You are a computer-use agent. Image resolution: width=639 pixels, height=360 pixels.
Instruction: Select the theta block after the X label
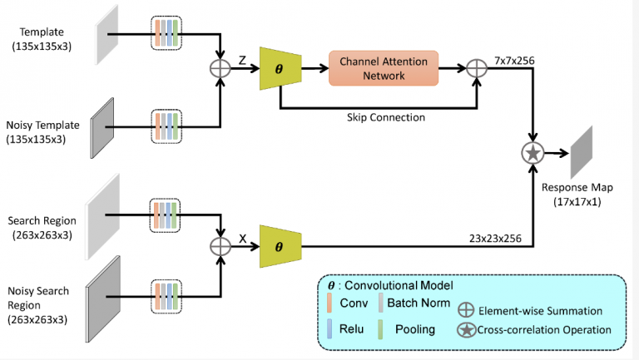(280, 247)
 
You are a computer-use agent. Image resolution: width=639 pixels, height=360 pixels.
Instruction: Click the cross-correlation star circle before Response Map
(532, 152)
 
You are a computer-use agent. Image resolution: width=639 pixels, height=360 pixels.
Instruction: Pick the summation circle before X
(220, 247)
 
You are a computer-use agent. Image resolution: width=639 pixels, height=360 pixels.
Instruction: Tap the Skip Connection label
(385, 117)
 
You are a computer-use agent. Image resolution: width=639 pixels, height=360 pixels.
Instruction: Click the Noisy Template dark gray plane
(102, 124)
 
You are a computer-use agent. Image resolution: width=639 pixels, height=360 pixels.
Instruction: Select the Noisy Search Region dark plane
(102, 300)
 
